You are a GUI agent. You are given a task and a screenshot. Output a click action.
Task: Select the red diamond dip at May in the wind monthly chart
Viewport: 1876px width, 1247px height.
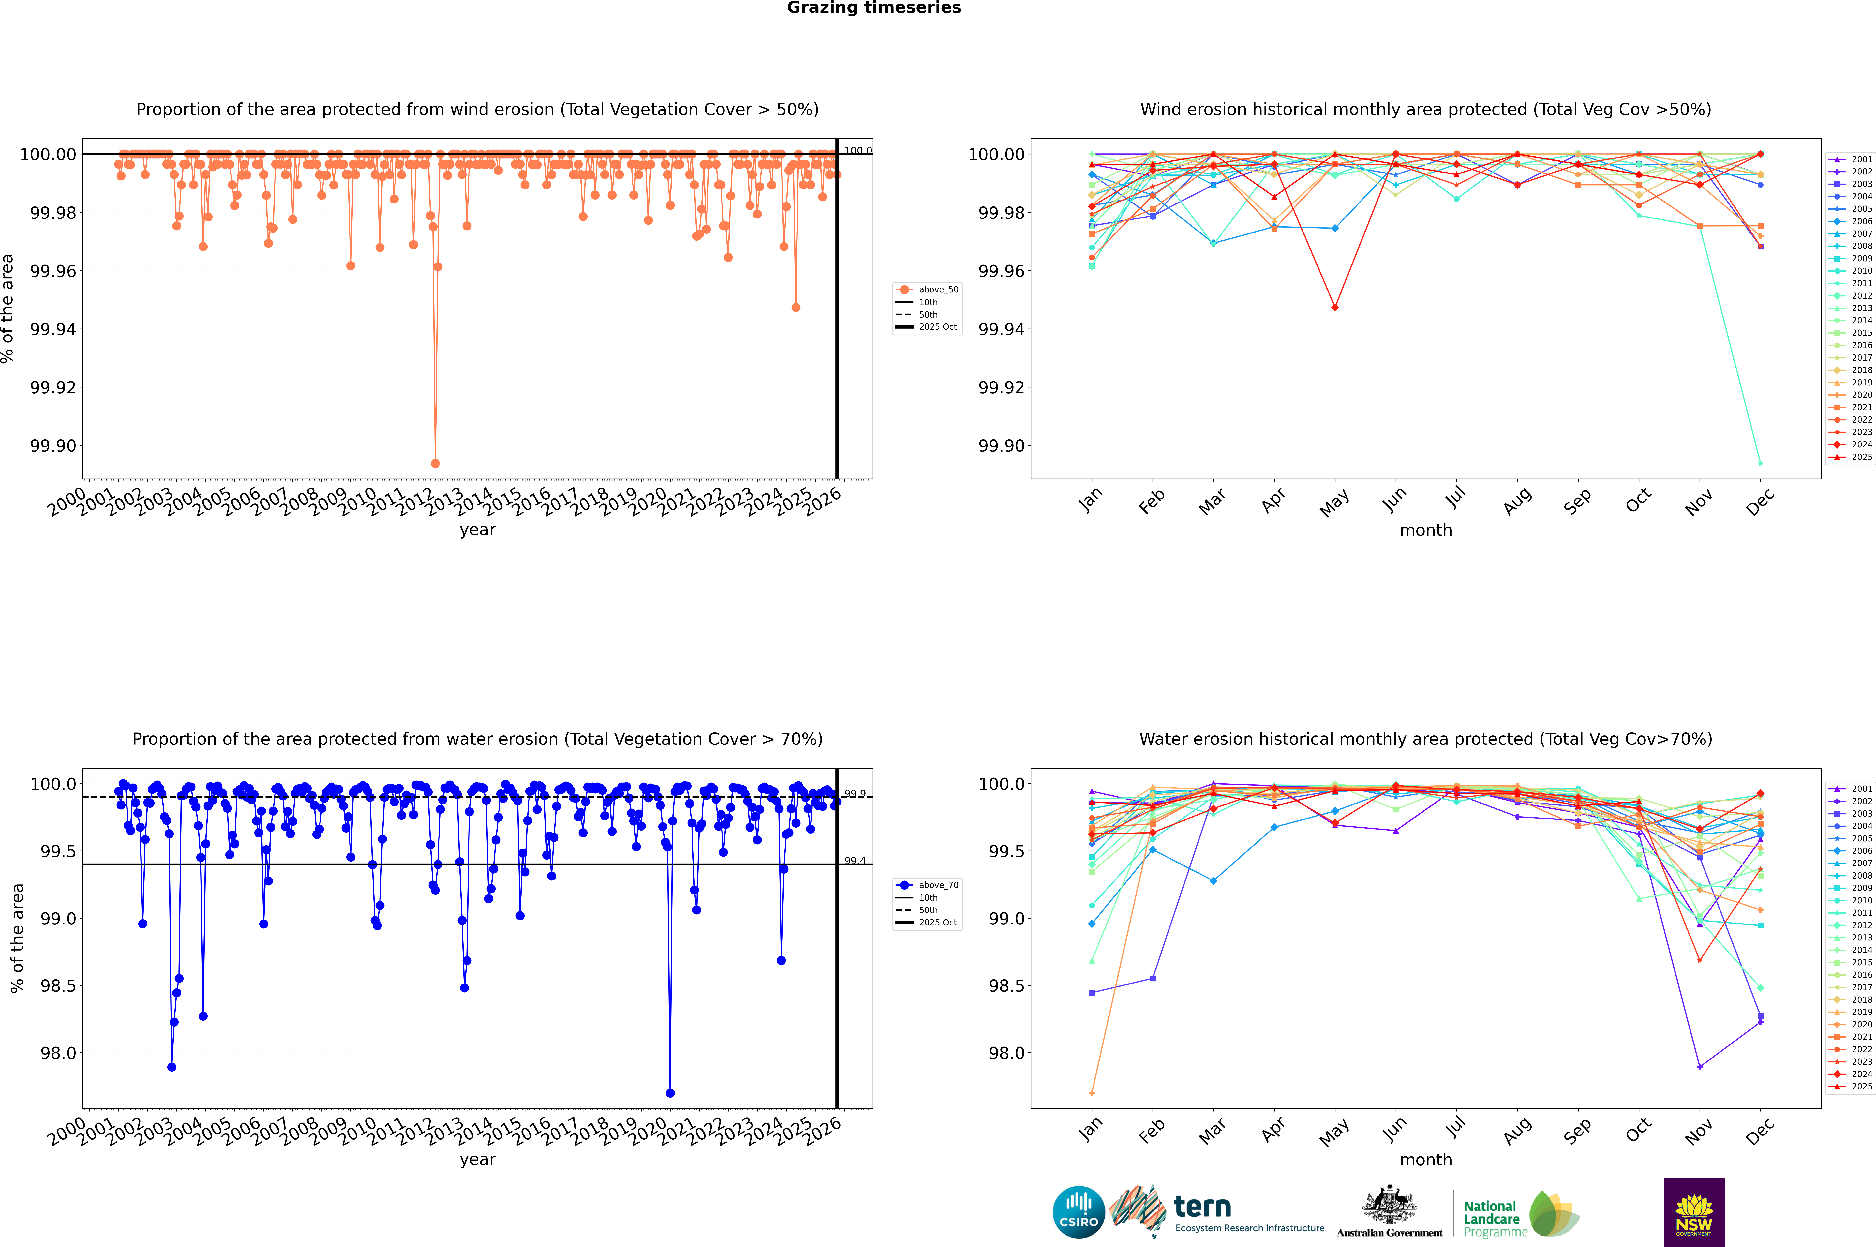coord(1334,307)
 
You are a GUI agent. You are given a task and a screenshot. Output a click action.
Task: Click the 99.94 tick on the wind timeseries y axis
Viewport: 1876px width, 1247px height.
coord(53,329)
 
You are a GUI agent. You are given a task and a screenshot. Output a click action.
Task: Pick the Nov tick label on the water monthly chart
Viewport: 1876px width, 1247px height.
coord(1699,1131)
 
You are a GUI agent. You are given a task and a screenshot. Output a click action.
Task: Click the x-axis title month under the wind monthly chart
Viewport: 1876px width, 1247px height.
coord(1425,531)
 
